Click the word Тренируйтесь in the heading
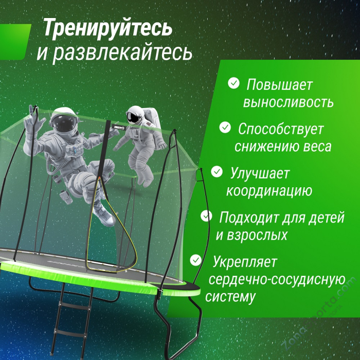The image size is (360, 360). tap(107, 28)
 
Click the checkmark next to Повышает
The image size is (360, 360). tap(234, 83)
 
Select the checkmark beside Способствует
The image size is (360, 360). tap(225, 127)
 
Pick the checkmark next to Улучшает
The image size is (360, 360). tap(218, 171)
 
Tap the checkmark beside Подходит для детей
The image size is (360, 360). tap(207, 215)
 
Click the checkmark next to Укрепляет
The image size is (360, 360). tap(196, 260)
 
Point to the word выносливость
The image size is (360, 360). tap(288, 101)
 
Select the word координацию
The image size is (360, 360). tap(269, 191)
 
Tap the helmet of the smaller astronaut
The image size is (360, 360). tap(135, 116)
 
